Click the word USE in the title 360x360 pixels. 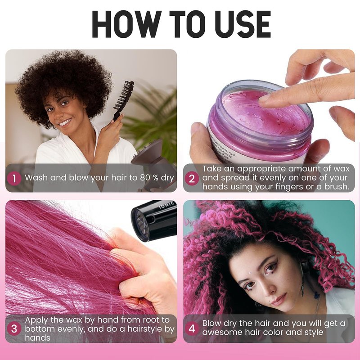(243, 24)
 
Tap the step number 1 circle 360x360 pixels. (14, 178)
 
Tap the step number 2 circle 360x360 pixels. (192, 178)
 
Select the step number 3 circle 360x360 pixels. (14, 328)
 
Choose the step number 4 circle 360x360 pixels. (192, 328)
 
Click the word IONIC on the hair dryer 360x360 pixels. (167, 205)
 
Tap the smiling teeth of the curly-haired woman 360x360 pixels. (65, 122)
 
